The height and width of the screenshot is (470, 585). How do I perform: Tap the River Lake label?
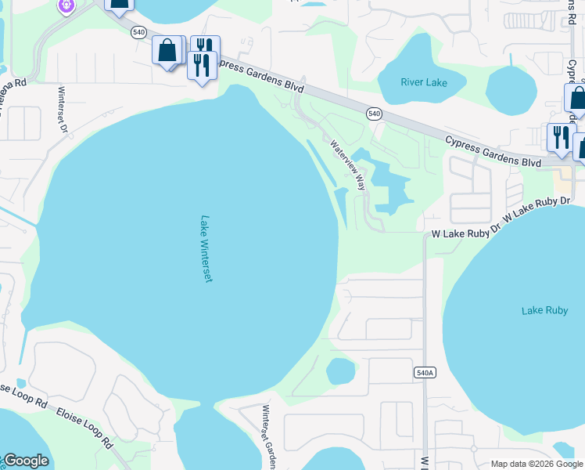click(423, 81)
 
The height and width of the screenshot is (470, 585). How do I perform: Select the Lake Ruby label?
click(544, 311)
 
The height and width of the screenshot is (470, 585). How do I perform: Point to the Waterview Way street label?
click(348, 165)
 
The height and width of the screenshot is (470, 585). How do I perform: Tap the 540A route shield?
click(424, 373)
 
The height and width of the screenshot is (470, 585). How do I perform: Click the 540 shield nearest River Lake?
click(375, 114)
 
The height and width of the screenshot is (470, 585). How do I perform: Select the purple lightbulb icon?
click(66, 5)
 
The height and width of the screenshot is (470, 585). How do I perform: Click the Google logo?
click(26, 461)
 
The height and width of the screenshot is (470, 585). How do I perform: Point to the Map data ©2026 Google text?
click(537, 464)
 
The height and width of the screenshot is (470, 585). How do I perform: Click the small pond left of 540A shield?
click(341, 371)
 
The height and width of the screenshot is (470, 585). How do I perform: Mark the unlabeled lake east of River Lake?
click(511, 89)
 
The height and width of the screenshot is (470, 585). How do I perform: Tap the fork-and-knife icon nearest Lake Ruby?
click(560, 137)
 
